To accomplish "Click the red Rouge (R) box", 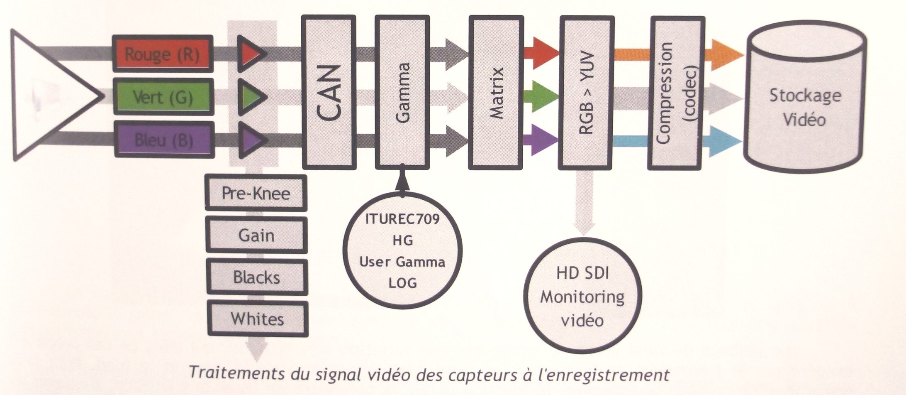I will pyautogui.click(x=163, y=54).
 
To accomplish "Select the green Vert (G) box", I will pyautogui.click(x=163, y=97).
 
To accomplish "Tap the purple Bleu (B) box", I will pyautogui.click(x=163, y=140).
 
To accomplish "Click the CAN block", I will pyautogui.click(x=329, y=92).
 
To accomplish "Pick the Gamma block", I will pyautogui.click(x=402, y=92).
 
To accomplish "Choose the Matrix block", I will pyautogui.click(x=496, y=92).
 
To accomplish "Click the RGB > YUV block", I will pyautogui.click(x=587, y=92).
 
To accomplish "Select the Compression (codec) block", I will pyautogui.click(x=677, y=92).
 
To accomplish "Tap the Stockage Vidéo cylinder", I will pyautogui.click(x=805, y=107).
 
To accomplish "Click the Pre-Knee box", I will pyautogui.click(x=256, y=193).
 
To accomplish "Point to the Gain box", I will pyautogui.click(x=256, y=236).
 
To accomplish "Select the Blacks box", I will pyautogui.click(x=257, y=277).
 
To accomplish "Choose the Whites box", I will pyautogui.click(x=258, y=319).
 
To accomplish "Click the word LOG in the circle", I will pyautogui.click(x=402, y=283).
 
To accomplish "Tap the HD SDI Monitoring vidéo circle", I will pyautogui.click(x=582, y=297).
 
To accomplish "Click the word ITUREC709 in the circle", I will pyautogui.click(x=402, y=219).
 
